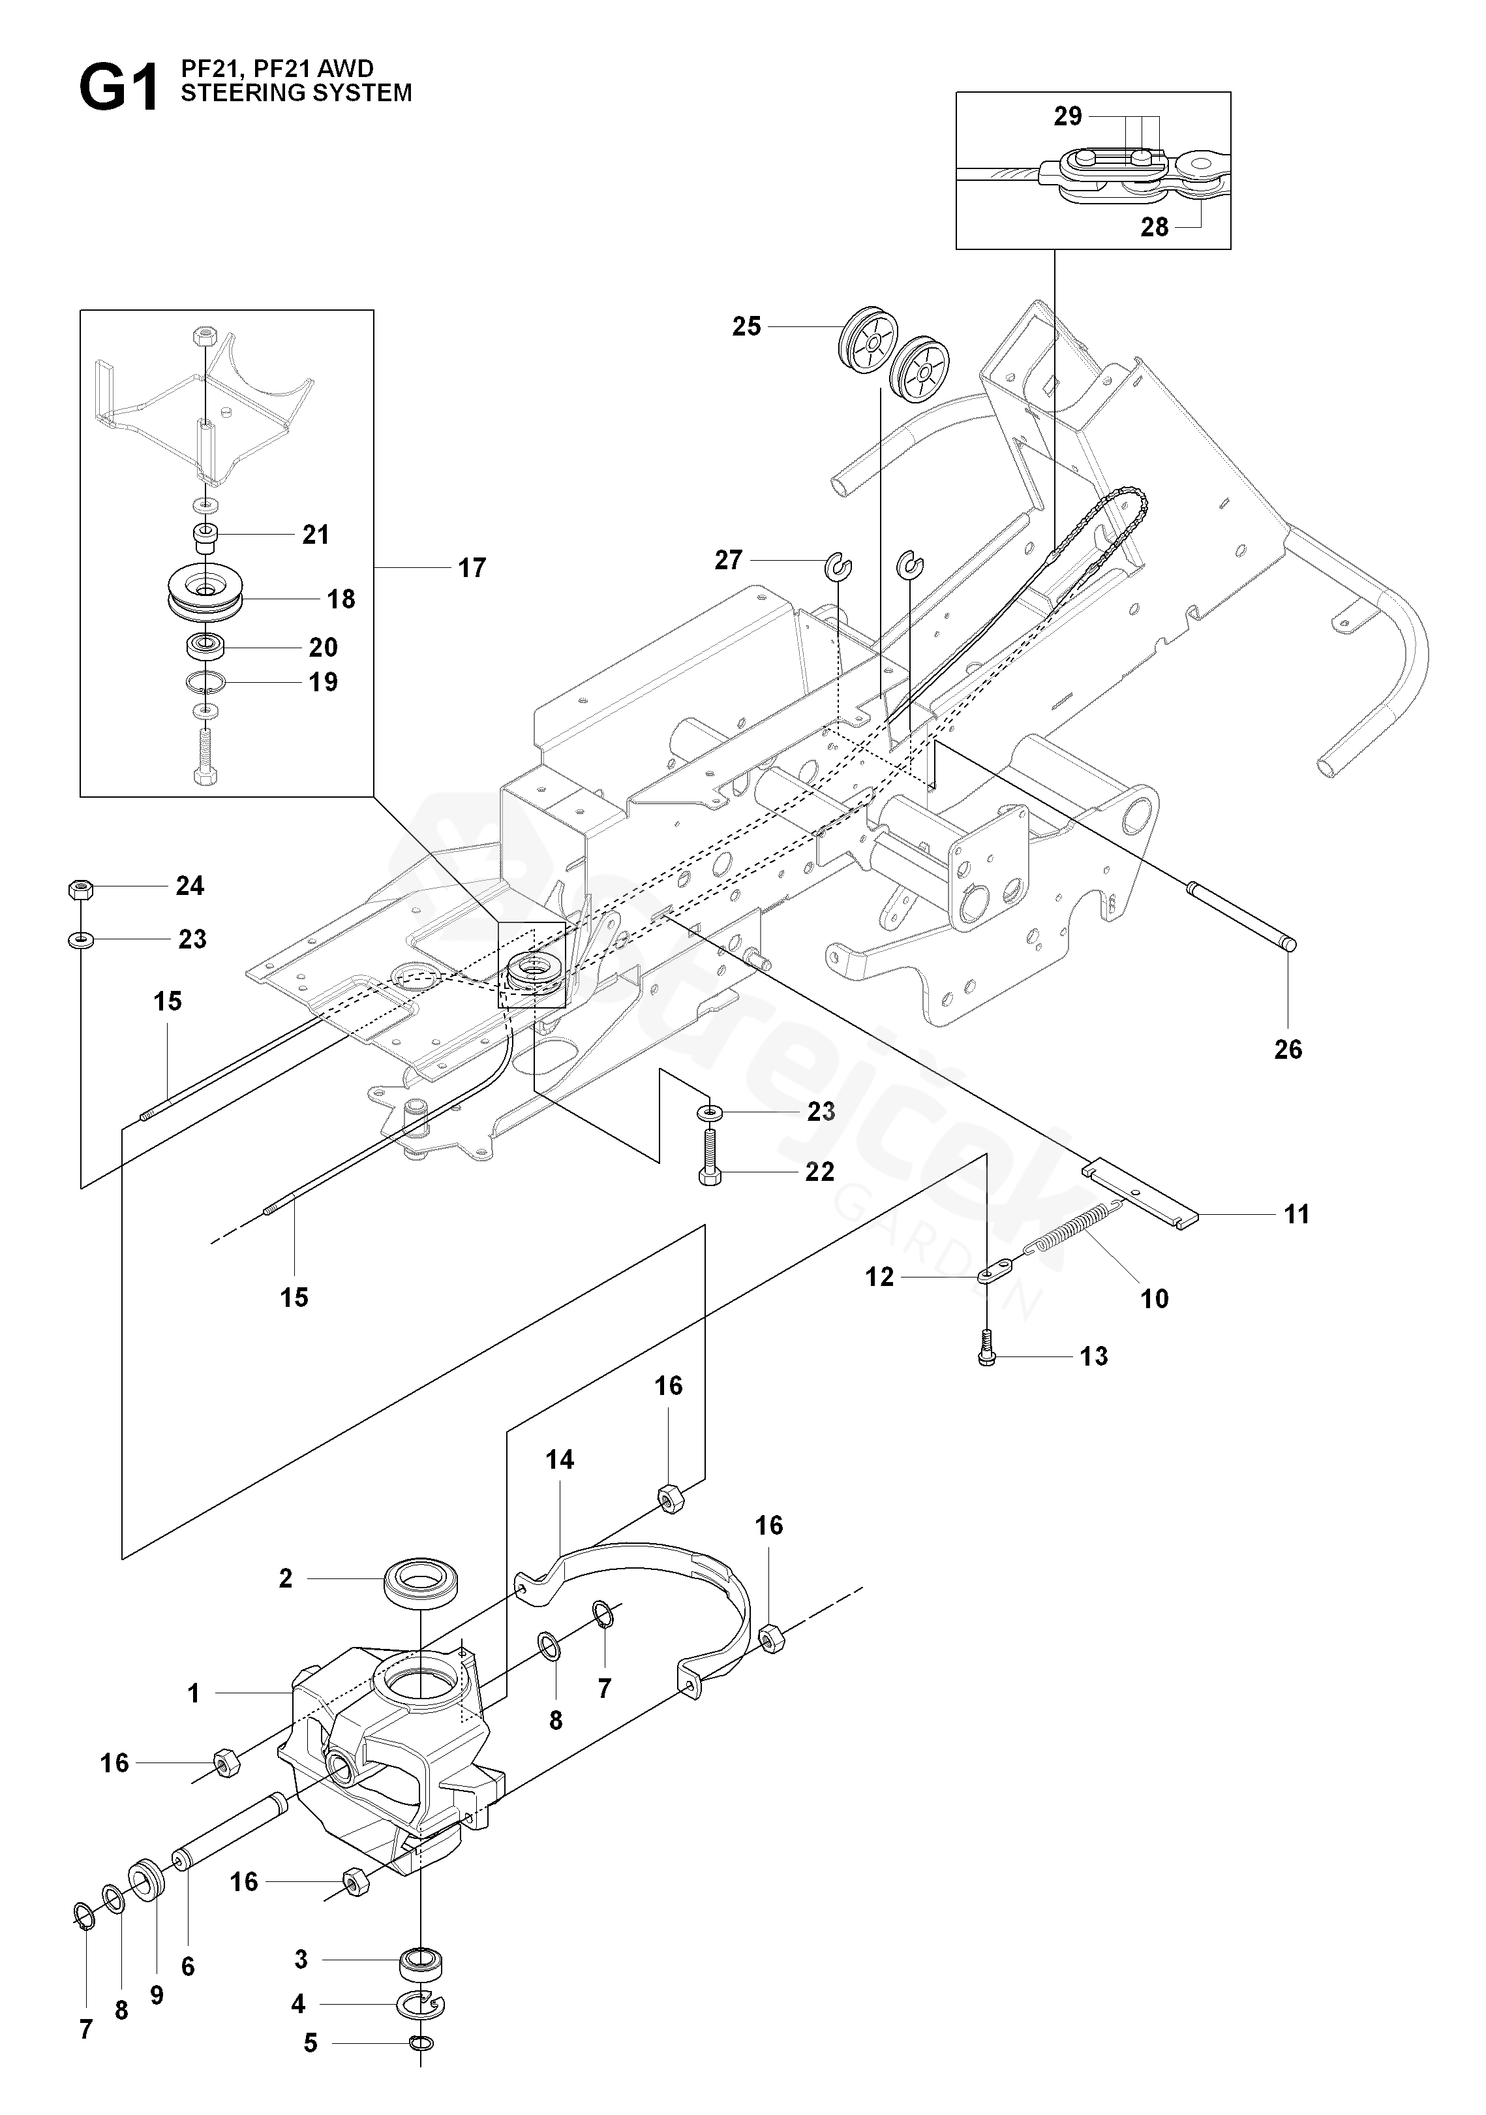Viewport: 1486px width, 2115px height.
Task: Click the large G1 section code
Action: tap(119, 90)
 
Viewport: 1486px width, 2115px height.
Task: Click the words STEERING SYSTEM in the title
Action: tap(296, 93)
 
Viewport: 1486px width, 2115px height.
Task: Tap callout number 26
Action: tap(1288, 1049)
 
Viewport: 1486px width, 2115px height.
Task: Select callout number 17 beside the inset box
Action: tap(472, 569)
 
